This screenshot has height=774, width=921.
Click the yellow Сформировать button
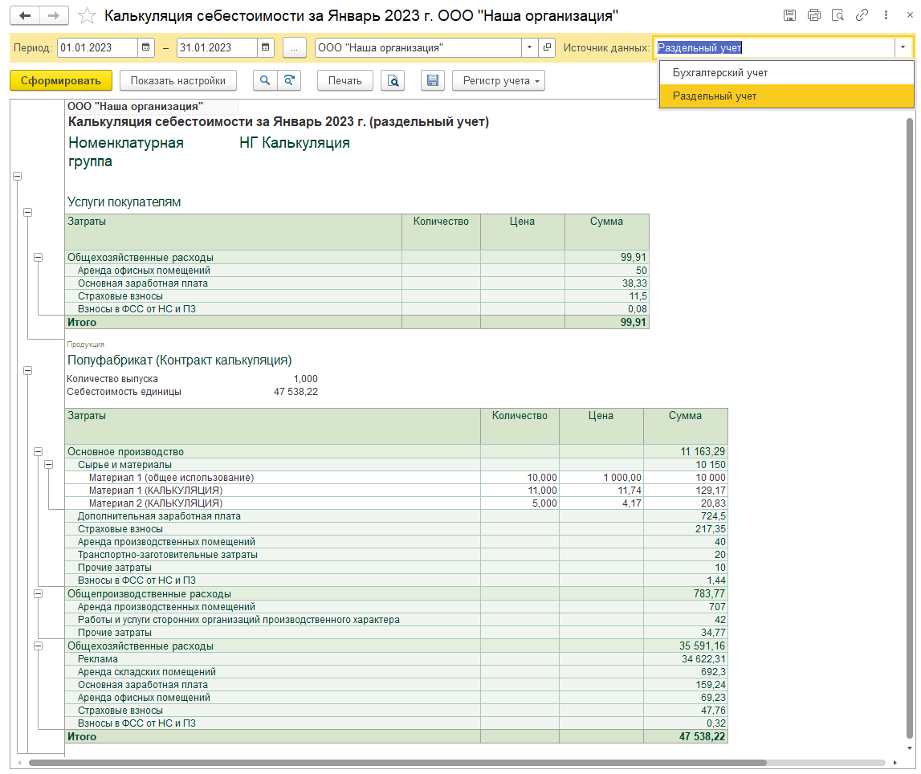(60, 80)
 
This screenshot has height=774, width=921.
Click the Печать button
(344, 80)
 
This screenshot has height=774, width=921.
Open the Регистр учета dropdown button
(498, 80)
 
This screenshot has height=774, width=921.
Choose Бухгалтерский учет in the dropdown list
(720, 73)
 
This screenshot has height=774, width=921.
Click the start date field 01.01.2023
(97, 47)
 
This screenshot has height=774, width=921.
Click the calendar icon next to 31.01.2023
(266, 47)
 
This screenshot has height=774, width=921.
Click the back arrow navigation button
(25, 15)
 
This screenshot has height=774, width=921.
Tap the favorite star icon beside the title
(87, 15)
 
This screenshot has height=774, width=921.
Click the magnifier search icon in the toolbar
(265, 80)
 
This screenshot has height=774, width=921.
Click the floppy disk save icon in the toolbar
(432, 80)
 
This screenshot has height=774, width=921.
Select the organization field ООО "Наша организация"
(418, 47)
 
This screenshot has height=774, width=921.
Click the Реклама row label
(97, 659)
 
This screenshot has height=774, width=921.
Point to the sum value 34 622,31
(703, 659)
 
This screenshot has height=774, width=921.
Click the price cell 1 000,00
(622, 478)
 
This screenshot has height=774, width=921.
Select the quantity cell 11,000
(542, 491)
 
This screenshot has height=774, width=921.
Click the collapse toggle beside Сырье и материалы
(49, 465)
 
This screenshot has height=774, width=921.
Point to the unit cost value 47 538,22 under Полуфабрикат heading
(295, 392)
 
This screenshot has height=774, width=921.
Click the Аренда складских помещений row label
(147, 672)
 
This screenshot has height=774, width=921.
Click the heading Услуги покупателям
(124, 202)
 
